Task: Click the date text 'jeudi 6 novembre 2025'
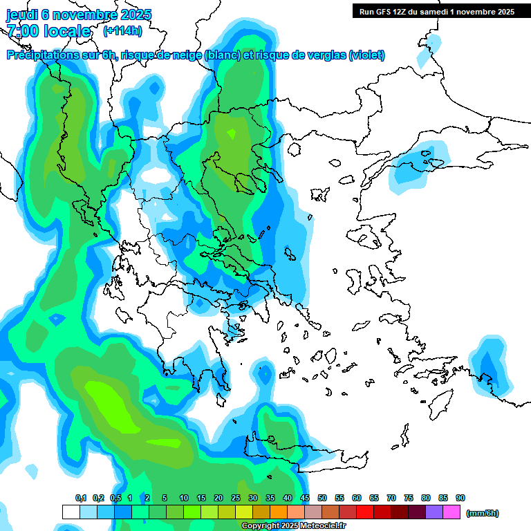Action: coord(78,15)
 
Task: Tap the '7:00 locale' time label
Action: coord(48,31)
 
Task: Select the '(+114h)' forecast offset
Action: coord(122,31)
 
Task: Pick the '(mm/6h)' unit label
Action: coord(483,513)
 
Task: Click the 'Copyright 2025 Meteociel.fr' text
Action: coord(293,526)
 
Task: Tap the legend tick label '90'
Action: coord(460,498)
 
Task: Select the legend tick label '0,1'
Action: coord(80,498)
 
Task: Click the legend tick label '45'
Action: coord(305,498)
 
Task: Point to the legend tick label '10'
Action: coord(184,498)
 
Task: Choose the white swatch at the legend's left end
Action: coord(71,512)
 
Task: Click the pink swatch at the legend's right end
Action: coord(451,512)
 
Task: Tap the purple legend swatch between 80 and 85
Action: coord(434,512)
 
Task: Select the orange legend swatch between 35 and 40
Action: coord(279,512)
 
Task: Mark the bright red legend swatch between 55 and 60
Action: coord(348,512)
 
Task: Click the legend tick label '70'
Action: coord(391,498)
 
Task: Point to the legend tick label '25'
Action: coord(236,498)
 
